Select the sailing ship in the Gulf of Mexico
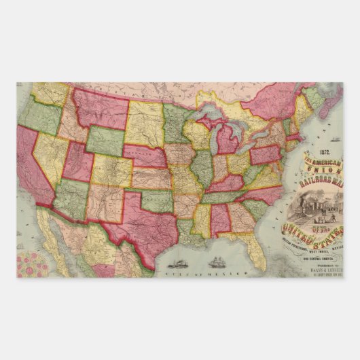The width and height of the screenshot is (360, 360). [x=217, y=261]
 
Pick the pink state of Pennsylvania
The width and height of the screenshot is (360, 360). [x=266, y=154]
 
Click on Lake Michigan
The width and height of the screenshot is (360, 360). [x=211, y=144]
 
